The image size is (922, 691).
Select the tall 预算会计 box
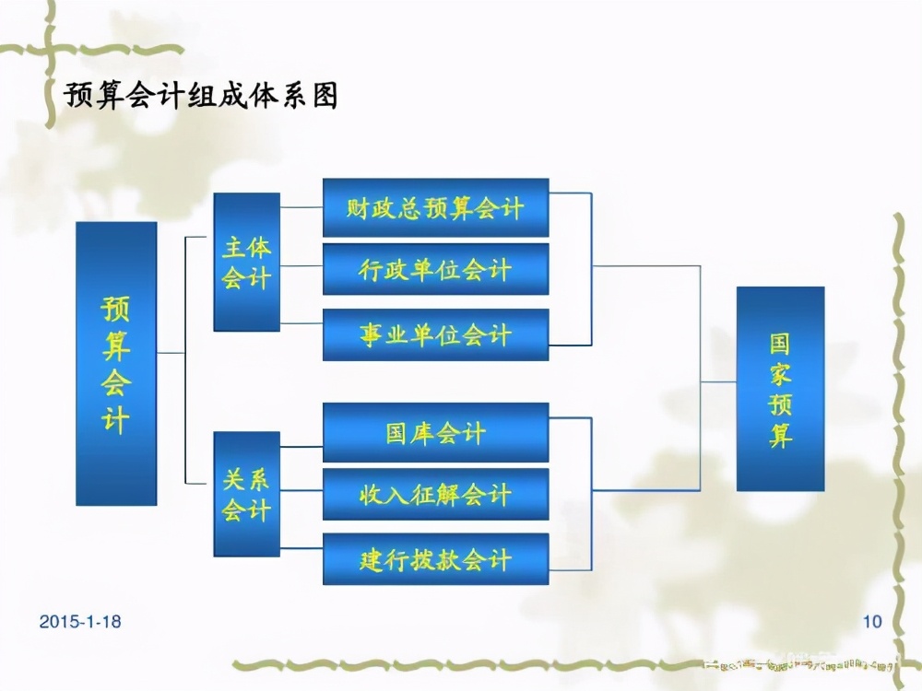pyautogui.click(x=116, y=363)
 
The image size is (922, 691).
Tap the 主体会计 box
pyautogui.click(x=246, y=262)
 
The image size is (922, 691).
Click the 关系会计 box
pyautogui.click(x=246, y=494)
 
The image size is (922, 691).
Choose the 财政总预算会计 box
pyautogui.click(x=435, y=207)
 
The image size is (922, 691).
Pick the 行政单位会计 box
pyautogui.click(x=435, y=269)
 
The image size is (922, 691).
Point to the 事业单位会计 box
pyautogui.click(x=435, y=334)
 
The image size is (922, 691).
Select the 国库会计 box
pyautogui.click(x=435, y=432)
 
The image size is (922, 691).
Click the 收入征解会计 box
pyautogui.click(x=435, y=494)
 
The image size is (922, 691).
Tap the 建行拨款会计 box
pyautogui.click(x=435, y=558)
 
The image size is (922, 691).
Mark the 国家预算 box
pyautogui.click(x=780, y=388)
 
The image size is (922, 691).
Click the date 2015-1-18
pyautogui.click(x=80, y=622)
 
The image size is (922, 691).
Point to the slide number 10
pyautogui.click(x=871, y=622)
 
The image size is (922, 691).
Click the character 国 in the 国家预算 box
pyautogui.click(x=781, y=344)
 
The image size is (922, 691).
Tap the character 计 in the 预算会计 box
pyautogui.click(x=116, y=420)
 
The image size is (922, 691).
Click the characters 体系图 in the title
pyautogui.click(x=297, y=95)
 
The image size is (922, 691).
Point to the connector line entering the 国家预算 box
pyautogui.click(x=718, y=381)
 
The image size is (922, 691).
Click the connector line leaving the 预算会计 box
pyautogui.click(x=171, y=353)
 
